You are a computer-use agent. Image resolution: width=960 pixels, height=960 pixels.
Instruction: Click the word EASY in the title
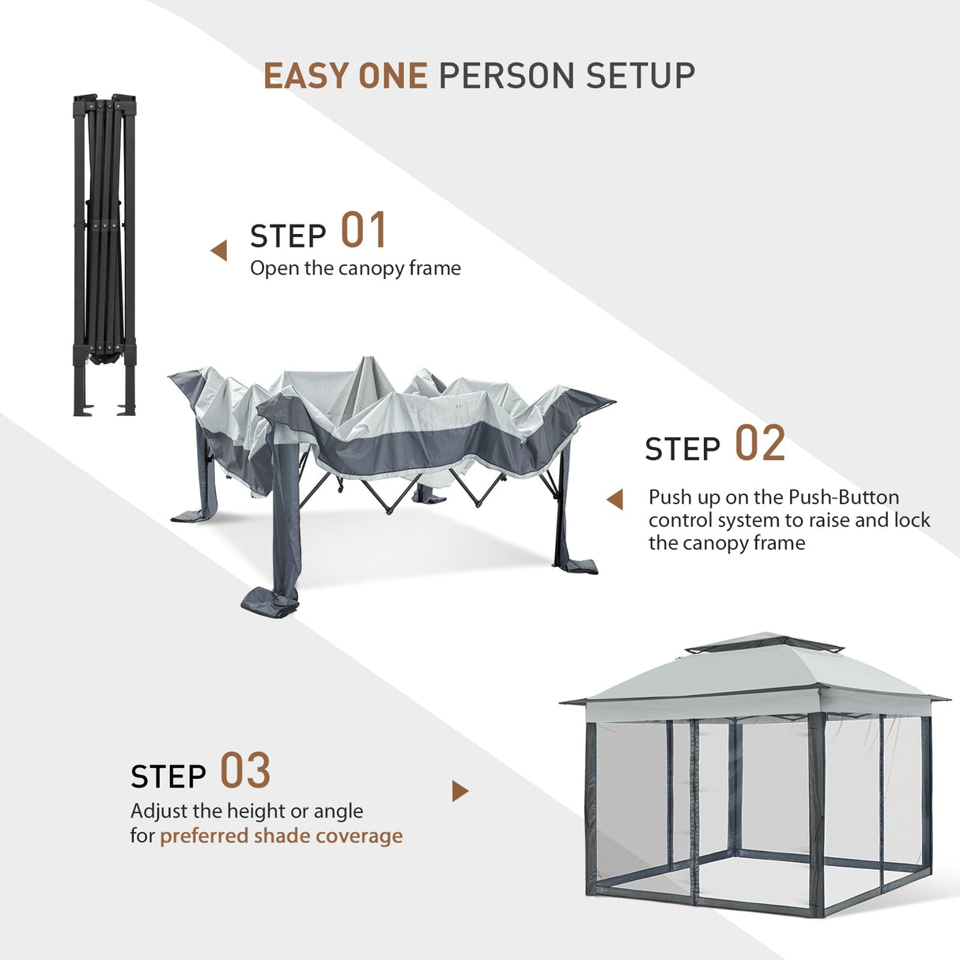pos(307,76)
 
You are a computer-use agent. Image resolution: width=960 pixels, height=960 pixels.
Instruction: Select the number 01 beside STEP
pos(364,231)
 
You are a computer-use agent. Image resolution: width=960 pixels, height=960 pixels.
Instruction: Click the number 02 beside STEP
pos(760,444)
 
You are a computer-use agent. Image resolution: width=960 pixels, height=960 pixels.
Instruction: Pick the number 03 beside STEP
pos(245,771)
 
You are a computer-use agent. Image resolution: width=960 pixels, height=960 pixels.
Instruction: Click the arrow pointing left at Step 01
pos(219,251)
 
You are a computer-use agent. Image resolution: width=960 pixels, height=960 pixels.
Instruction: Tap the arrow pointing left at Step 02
pos(614,499)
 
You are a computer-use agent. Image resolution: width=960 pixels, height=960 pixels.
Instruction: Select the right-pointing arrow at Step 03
pos(459,791)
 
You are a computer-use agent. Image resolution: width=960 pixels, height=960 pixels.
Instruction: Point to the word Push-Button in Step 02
pos(844,497)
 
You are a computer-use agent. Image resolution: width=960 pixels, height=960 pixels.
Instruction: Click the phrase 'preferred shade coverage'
pos(281,836)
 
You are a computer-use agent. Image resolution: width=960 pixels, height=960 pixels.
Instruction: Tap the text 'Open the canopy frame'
pos(355,268)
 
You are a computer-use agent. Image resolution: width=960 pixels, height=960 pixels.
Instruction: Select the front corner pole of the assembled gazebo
pos(816,814)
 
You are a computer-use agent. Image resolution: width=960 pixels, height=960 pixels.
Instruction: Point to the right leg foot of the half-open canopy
pos(576,565)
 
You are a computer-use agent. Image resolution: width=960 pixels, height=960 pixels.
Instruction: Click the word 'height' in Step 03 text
pos(256,811)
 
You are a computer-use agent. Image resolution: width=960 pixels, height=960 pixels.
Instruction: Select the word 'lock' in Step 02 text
pos(912,520)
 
